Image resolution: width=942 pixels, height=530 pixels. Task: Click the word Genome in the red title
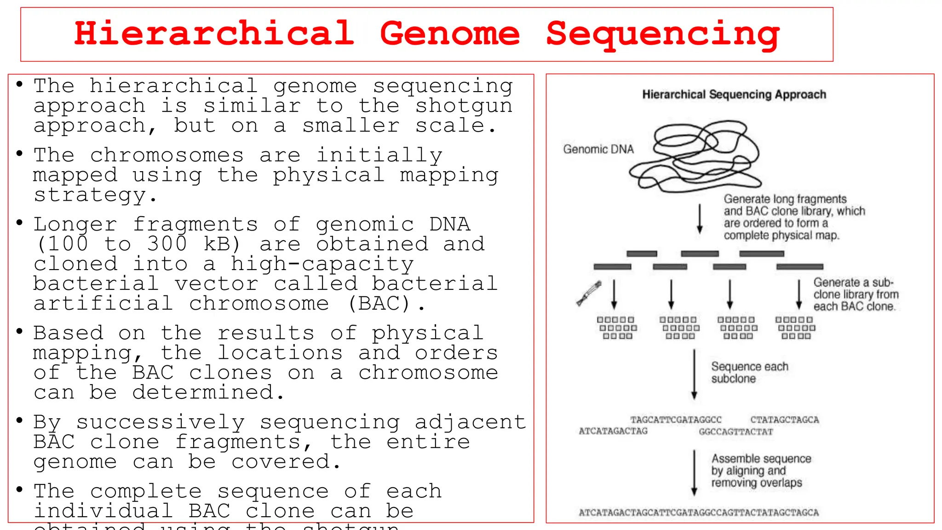[x=449, y=34]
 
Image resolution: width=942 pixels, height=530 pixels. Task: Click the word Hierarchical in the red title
[x=214, y=34]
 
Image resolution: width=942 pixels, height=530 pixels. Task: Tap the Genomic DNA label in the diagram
[x=598, y=150]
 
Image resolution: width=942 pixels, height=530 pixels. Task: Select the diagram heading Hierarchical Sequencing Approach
[x=734, y=95]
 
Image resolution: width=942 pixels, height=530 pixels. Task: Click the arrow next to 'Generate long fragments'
[x=700, y=219]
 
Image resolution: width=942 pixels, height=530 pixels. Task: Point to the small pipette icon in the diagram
[x=589, y=293]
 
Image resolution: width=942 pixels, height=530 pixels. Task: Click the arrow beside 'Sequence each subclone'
[x=694, y=374]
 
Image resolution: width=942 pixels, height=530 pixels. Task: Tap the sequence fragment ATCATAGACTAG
[x=613, y=431]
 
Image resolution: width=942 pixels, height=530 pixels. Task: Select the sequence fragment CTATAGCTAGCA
[x=784, y=420]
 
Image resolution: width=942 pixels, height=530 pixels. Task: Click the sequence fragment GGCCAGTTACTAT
[x=735, y=432]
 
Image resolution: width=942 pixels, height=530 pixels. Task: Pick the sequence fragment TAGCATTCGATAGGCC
[x=676, y=420]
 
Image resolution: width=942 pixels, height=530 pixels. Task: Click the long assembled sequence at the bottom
[x=698, y=513]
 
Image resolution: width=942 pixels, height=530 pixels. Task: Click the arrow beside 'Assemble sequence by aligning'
[x=694, y=472]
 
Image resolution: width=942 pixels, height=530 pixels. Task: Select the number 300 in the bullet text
[x=167, y=244]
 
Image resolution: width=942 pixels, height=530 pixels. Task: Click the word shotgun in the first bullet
[x=464, y=106]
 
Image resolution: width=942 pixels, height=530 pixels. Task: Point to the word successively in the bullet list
[x=160, y=422]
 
